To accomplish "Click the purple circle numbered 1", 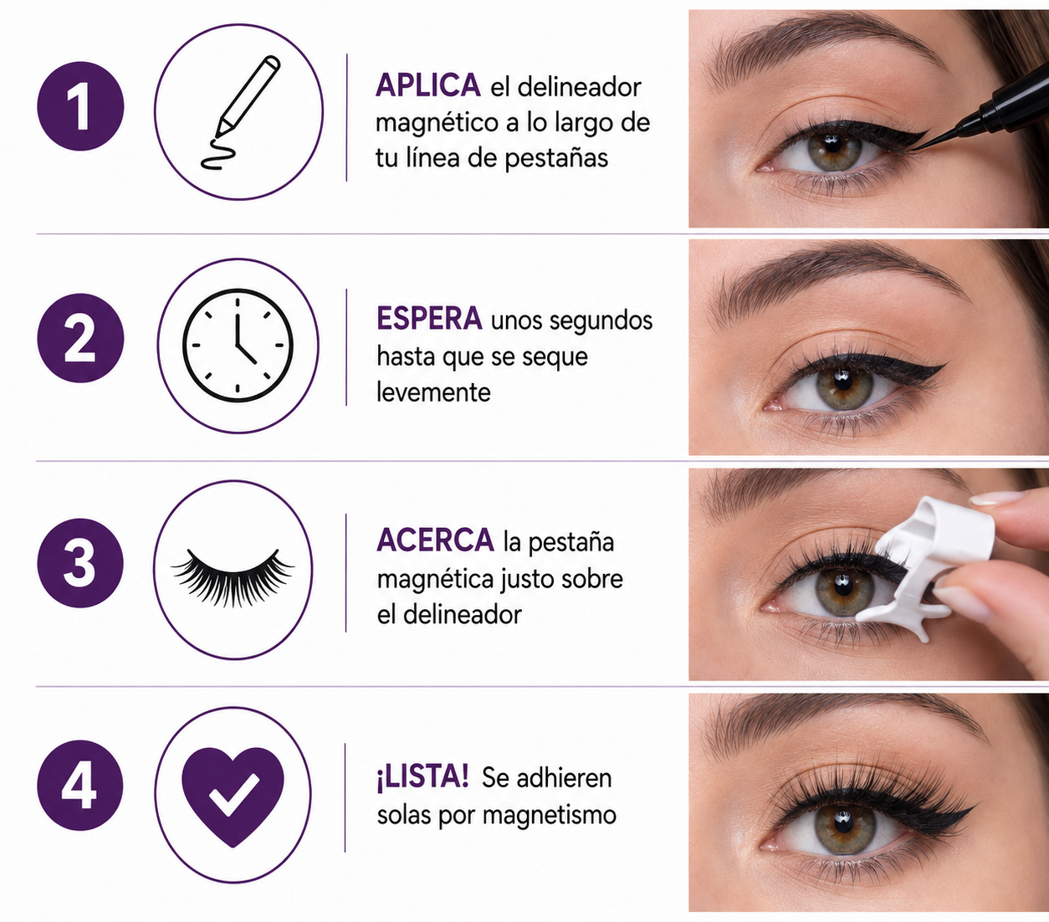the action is [81, 106].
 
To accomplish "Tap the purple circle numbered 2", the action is [81, 338].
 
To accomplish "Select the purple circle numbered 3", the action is [80, 563].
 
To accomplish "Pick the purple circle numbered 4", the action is [80, 786].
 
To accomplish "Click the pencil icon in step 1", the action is [241, 112].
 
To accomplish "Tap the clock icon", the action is [238, 346].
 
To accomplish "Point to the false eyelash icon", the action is [233, 576].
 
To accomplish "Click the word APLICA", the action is [427, 85].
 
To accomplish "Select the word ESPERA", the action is [429, 319].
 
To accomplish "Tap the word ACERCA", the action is [435, 540].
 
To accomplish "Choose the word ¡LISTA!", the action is [422, 778].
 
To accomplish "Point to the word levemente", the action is [433, 392].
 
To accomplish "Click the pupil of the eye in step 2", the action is [842, 382].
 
